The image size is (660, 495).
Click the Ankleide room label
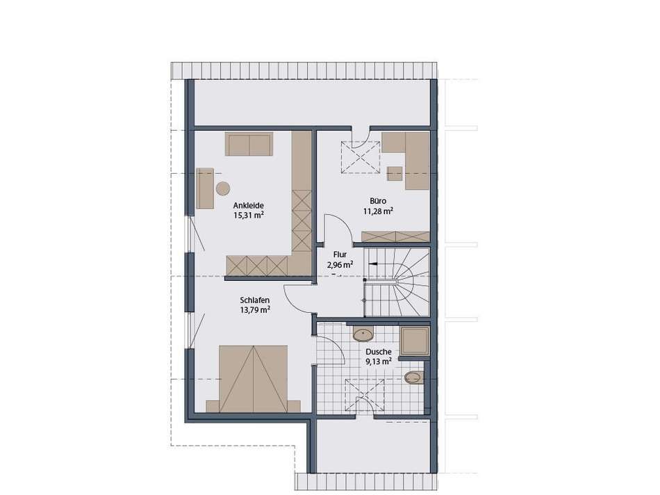(x=247, y=206)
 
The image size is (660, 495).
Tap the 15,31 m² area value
(x=248, y=216)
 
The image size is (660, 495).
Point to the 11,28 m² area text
(x=378, y=211)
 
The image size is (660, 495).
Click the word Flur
(x=340, y=254)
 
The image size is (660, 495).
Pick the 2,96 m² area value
(x=340, y=265)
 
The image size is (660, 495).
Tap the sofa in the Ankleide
(x=247, y=145)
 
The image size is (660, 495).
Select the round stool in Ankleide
(x=223, y=188)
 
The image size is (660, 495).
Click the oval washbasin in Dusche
(x=363, y=334)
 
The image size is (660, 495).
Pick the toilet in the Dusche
(x=413, y=378)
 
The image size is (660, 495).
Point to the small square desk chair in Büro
(x=395, y=172)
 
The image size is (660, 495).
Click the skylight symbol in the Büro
(x=359, y=156)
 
